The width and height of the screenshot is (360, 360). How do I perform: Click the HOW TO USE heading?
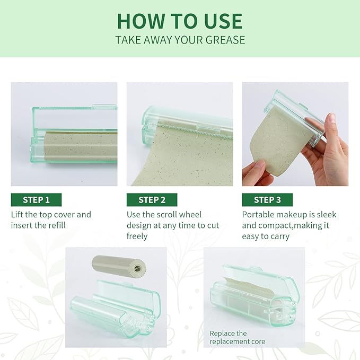[179, 21]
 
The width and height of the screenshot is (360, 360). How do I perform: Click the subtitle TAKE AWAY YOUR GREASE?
[179, 40]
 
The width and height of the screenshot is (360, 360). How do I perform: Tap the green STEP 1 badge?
[36, 200]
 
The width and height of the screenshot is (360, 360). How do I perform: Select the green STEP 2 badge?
[152, 200]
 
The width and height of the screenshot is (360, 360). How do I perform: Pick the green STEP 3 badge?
[267, 200]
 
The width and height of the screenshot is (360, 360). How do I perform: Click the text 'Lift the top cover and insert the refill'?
[51, 220]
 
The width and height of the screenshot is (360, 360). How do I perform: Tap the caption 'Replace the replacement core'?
[237, 337]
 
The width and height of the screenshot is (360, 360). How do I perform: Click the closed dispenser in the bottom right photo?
[254, 297]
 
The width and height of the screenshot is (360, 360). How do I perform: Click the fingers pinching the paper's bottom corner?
[254, 172]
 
